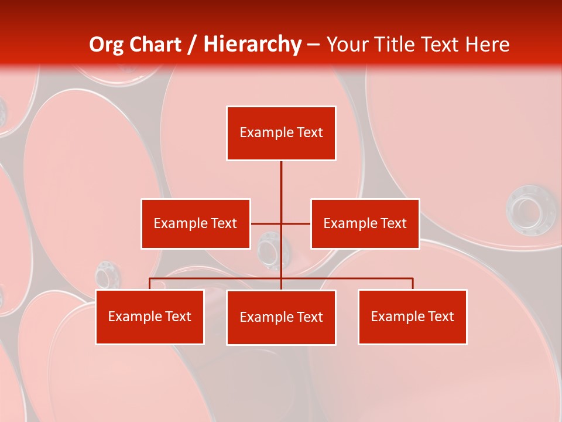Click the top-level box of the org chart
tap(281, 133)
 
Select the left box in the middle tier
tap(196, 223)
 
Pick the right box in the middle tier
tap(365, 223)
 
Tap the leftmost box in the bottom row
tap(150, 316)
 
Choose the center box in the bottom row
tap(281, 317)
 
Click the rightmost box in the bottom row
tap(412, 316)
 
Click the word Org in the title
tap(106, 45)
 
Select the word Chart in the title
tap(155, 45)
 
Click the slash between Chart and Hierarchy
tap(192, 45)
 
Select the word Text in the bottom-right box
tap(440, 316)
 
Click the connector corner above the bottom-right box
tap(413, 278)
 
